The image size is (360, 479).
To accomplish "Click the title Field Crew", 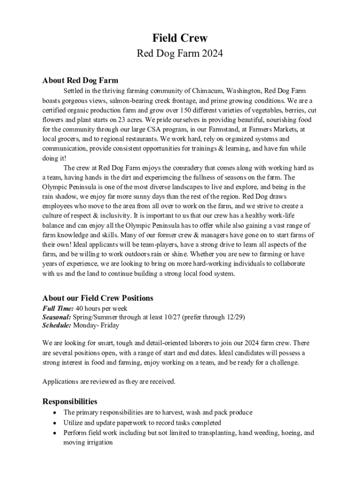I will click(x=180, y=38).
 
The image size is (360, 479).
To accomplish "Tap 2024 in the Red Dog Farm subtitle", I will click(x=213, y=54).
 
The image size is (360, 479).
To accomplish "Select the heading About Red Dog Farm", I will click(x=80, y=80).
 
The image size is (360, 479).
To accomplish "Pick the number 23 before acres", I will click(x=119, y=119).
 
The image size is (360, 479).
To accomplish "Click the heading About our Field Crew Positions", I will click(x=98, y=298).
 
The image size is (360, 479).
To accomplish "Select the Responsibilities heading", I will click(x=70, y=401).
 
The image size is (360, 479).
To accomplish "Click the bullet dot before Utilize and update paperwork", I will click(x=56, y=423).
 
